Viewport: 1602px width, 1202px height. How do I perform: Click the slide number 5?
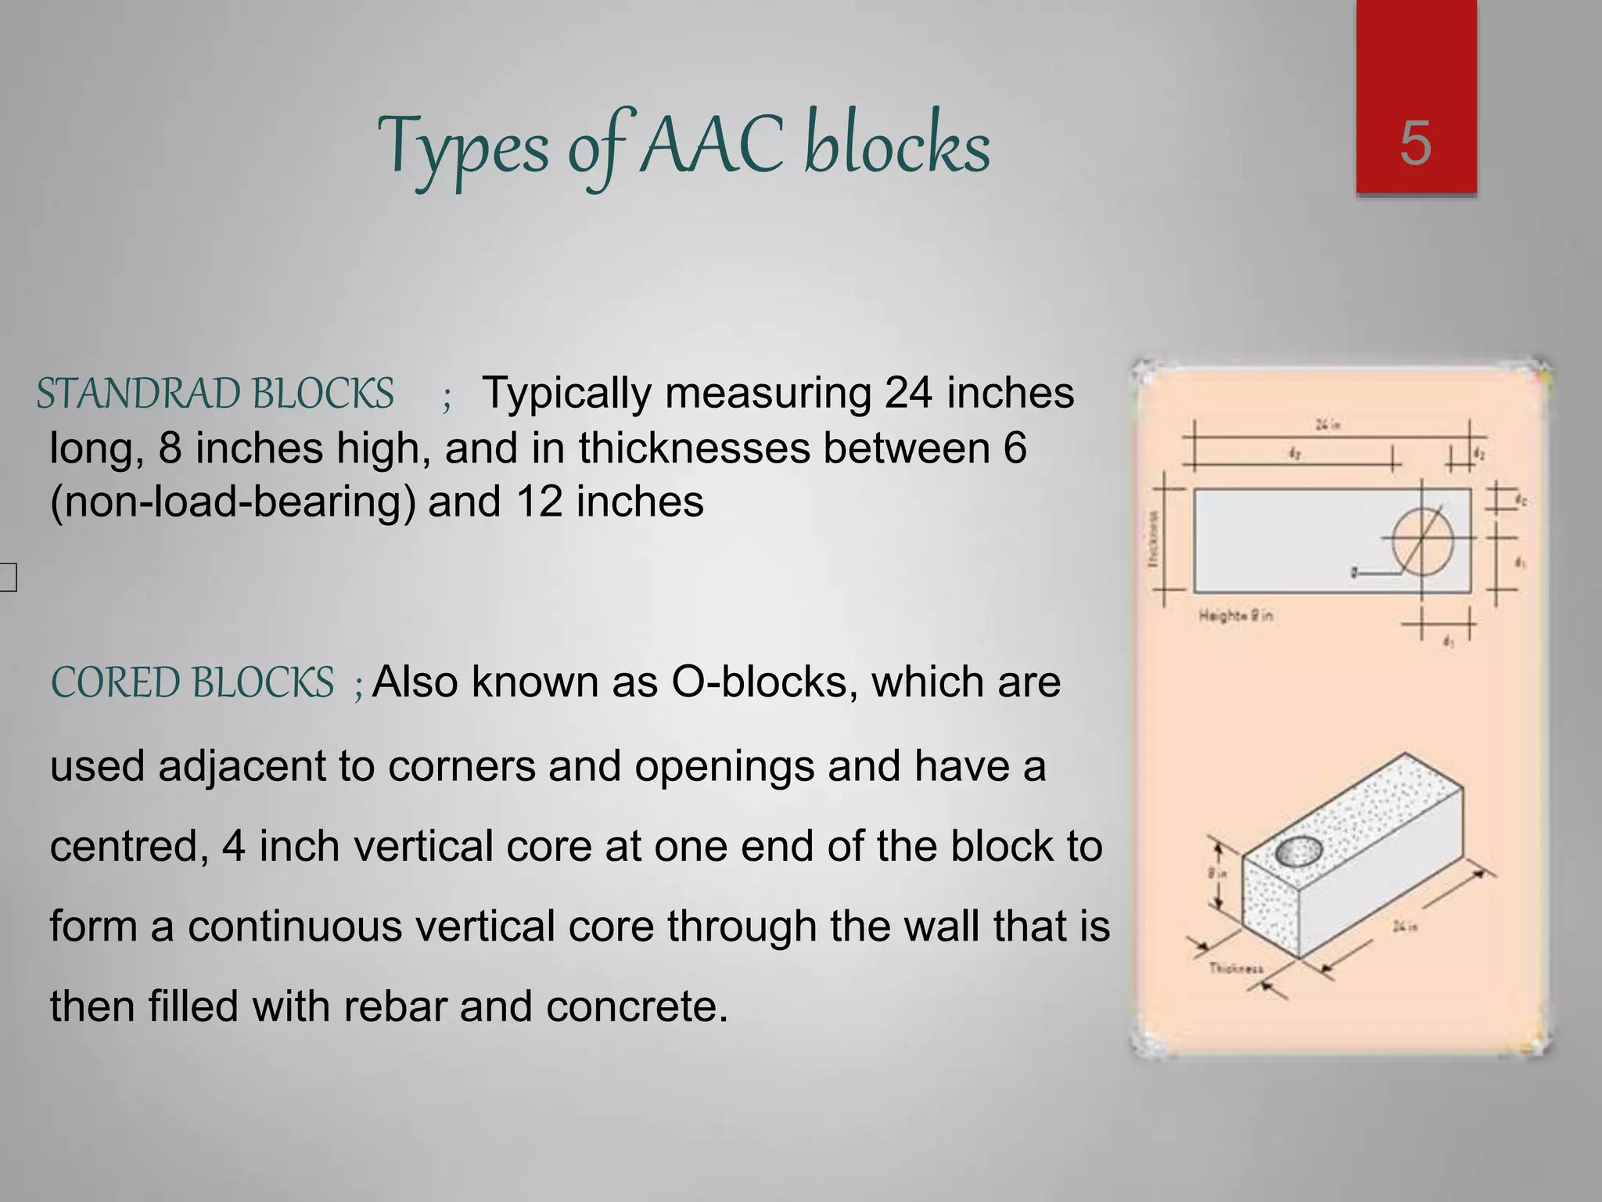[x=1415, y=144]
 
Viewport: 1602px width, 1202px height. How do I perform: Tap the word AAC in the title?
[x=711, y=146]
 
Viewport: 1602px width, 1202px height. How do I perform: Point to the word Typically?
[x=566, y=393]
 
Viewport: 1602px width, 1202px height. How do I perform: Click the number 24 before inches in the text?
[x=907, y=393]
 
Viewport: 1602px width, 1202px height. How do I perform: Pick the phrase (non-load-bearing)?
[x=232, y=502]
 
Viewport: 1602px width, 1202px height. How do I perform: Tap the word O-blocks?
[x=760, y=682]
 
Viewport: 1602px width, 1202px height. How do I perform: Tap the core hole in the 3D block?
[x=1298, y=851]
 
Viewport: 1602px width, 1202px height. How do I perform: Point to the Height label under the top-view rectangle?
[x=1235, y=616]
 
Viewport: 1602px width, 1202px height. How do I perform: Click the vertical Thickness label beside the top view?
[x=1152, y=539]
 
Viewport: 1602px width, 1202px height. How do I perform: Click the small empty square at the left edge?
[x=7, y=578]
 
